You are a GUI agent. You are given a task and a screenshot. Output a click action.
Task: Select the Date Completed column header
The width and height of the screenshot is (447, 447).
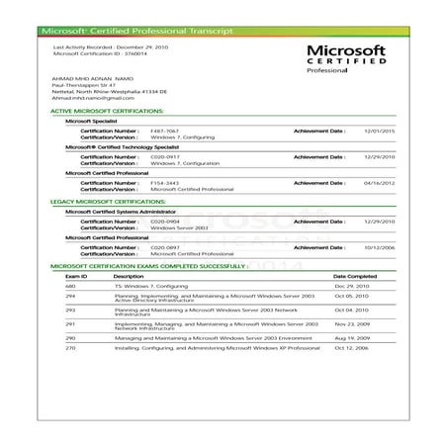355,276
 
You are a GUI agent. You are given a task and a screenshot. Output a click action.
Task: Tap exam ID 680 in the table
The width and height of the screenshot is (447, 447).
70,285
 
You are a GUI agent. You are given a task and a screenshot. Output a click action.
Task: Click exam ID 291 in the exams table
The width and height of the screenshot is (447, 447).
70,323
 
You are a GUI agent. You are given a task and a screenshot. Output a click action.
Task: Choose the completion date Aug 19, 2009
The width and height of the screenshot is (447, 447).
351,337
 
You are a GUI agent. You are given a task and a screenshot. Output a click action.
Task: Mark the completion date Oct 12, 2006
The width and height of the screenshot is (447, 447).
351,348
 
